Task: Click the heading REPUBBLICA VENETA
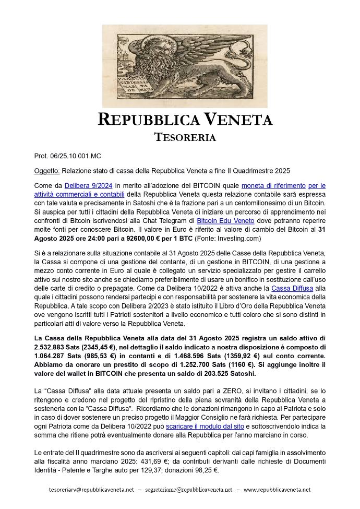click(x=185, y=120)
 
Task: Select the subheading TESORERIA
click(x=185, y=137)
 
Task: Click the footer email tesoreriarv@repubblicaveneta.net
click(x=91, y=490)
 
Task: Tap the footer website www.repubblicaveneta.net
click(x=277, y=490)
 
